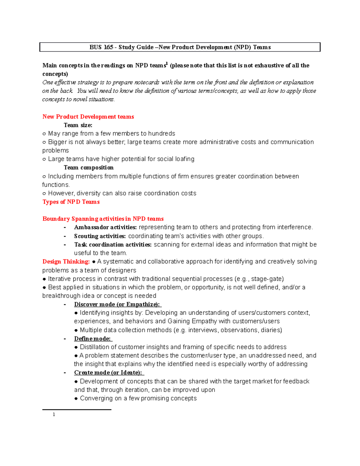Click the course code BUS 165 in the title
tap(101, 47)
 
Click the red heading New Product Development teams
tap(88, 117)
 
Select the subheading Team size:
tap(78, 125)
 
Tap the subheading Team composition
tap(88, 167)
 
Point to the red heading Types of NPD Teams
tap(71, 202)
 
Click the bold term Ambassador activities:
tap(105, 227)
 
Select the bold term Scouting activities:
tap(100, 236)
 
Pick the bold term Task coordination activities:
tap(113, 245)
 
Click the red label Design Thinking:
tap(66, 262)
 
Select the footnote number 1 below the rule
tap(54, 415)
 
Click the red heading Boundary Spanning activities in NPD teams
tap(103, 219)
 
